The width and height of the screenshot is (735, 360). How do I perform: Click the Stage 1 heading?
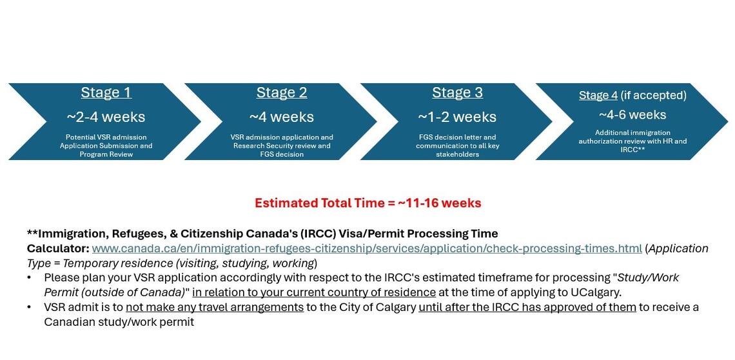coord(106,92)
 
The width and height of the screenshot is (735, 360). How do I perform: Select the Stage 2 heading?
coord(282,92)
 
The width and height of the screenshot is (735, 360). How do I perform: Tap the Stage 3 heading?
coord(457,92)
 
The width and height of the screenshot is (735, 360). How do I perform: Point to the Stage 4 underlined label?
coord(598,95)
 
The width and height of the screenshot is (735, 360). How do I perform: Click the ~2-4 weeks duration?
coord(106,117)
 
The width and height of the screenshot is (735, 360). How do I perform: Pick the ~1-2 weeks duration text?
coord(457,117)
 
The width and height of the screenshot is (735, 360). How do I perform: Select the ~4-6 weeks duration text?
coord(632,115)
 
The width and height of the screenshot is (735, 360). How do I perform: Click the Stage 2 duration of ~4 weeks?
coord(282,117)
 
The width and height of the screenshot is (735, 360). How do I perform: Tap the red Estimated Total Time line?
coord(367,203)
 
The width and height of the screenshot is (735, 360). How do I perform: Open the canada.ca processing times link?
coord(366,248)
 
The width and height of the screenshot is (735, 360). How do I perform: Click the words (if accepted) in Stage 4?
coord(653,95)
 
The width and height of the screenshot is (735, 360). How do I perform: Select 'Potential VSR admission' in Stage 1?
coord(106,137)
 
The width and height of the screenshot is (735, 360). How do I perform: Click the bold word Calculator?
coord(58,248)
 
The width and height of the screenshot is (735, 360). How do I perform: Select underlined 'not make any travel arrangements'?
coord(215,307)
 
